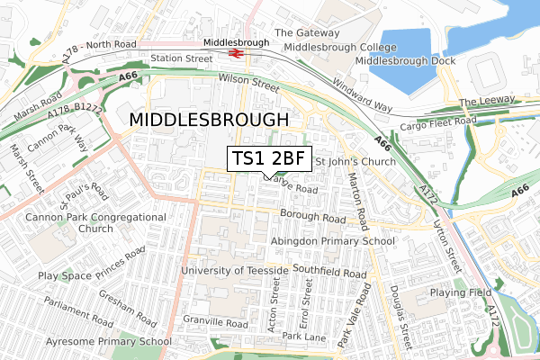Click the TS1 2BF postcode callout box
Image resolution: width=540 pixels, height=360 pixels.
point(269,158)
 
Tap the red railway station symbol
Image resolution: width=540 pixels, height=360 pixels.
point(237,53)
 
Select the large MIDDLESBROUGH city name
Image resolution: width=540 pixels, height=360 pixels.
point(210,120)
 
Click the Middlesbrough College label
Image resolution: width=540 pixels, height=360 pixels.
point(334,47)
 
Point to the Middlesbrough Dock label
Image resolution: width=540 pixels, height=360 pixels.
point(405,60)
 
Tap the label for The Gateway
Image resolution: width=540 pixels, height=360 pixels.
point(306,32)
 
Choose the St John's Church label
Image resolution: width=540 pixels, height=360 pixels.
point(355,163)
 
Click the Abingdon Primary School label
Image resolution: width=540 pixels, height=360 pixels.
point(333,241)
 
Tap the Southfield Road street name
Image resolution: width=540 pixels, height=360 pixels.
point(328,273)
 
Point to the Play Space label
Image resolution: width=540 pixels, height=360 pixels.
point(64,275)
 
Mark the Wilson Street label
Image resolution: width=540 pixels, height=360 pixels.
point(249,80)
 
